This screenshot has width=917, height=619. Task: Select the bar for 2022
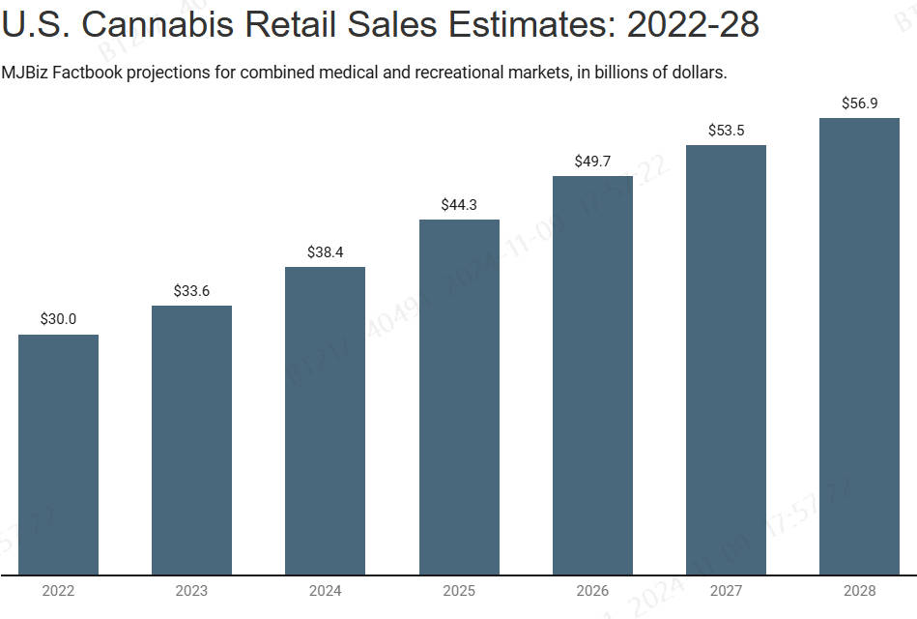pos(58,455)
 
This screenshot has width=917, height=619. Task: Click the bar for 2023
pos(191,440)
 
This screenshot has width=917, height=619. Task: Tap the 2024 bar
pos(325,421)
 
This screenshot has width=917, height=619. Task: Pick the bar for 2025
pos(459,397)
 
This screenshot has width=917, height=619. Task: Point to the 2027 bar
pos(726,360)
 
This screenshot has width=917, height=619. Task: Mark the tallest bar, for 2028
pos(859,346)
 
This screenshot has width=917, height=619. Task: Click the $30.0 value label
pos(58,318)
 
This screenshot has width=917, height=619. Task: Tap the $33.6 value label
pos(191,290)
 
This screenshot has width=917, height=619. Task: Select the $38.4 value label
pos(325,251)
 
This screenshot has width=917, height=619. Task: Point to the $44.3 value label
pos(459,204)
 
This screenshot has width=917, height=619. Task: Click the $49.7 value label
pos(592,161)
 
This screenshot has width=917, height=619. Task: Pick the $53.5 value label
pos(726,130)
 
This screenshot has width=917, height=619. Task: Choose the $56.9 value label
pos(859,103)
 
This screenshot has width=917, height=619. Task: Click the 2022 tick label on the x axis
pos(58,591)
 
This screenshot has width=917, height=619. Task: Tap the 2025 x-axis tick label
pos(459,591)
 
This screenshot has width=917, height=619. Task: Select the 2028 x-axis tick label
pos(859,591)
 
